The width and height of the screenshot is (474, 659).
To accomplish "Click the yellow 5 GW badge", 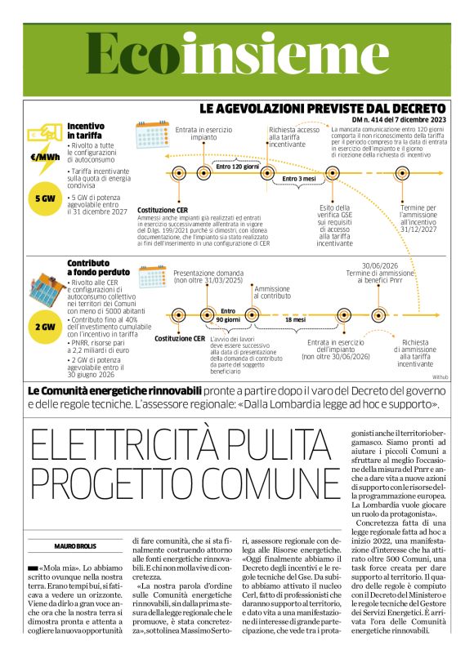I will coord(45,198).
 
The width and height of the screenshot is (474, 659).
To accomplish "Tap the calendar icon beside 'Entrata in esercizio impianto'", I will coord(151,134).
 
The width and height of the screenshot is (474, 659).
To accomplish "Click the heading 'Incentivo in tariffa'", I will coord(86,131).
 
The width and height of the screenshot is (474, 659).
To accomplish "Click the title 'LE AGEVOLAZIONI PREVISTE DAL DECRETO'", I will coord(323,108).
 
